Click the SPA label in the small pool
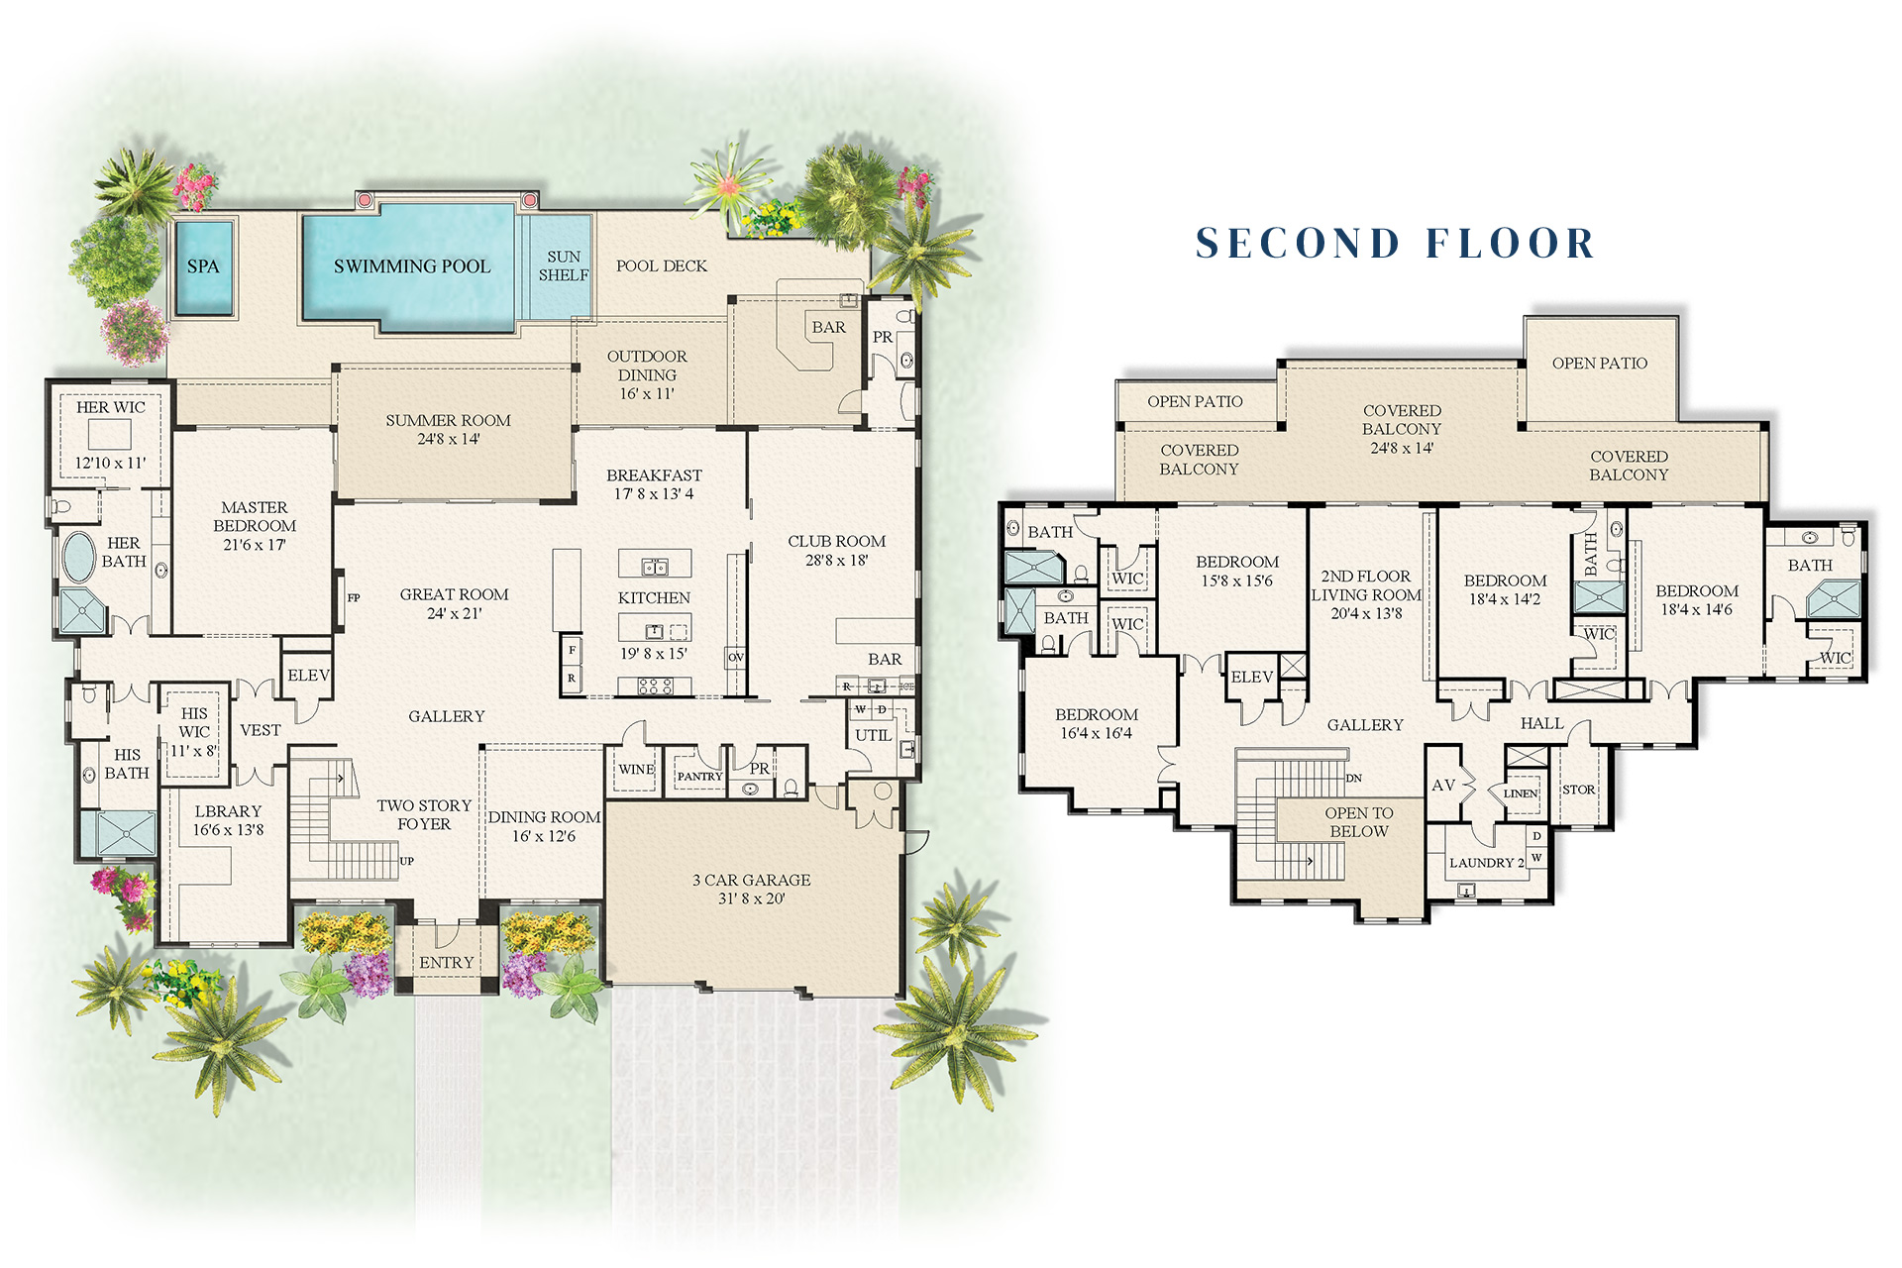[x=203, y=266]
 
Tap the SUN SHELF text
[x=564, y=265]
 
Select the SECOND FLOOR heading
[x=1395, y=244]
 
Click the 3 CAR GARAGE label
[x=751, y=880]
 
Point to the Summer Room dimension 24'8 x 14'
[x=448, y=439]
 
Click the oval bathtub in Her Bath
[x=78, y=557]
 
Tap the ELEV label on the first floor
[x=308, y=676]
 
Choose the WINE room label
[x=636, y=770]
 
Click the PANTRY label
[x=699, y=777]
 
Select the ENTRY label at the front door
[x=446, y=963]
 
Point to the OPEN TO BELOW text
[x=1359, y=822]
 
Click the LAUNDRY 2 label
[x=1487, y=863]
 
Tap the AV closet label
[x=1443, y=786]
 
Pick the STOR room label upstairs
[x=1578, y=791]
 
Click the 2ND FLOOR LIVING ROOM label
[x=1366, y=585]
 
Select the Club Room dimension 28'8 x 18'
[x=836, y=561]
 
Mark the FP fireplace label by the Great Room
[x=354, y=598]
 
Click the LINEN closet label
[x=1520, y=793]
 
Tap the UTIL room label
[x=873, y=735]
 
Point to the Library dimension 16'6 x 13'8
[x=228, y=830]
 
